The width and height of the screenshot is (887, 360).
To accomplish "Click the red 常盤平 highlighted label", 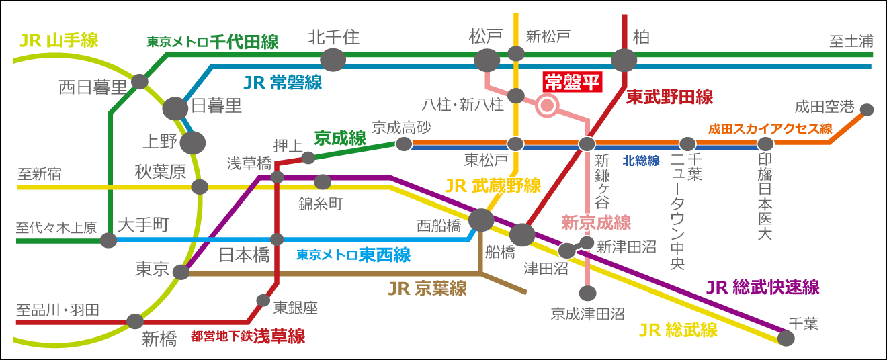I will pos(572,82).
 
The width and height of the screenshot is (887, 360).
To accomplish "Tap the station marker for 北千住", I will pos(333,60).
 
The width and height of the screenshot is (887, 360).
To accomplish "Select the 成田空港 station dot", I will pos(867,109).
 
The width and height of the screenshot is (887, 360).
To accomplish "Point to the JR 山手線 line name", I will pos(59,40).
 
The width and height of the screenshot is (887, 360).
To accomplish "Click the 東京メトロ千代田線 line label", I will pos(212,42).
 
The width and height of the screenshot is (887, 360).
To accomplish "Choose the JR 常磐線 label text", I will pos(282,83).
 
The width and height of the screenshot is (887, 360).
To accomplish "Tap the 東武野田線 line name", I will pos(669,97).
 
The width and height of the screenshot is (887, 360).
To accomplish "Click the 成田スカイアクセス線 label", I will pos(770,128).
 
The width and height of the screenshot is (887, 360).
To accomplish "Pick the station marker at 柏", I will pos(624,60).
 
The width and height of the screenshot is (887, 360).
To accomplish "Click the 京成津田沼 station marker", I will pos(587,293).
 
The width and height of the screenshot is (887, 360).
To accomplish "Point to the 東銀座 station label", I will pos(296,308).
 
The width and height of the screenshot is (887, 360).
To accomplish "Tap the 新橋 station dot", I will pos(135,322).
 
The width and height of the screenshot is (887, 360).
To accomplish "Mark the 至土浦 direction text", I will pos(851,42).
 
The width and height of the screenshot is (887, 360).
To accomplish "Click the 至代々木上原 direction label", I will pos(56,227).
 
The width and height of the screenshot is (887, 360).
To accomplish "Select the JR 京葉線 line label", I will pos(427,289).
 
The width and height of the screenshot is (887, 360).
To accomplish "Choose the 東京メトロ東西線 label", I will pos(353,255).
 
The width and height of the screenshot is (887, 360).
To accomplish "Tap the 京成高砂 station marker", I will pos(404,144).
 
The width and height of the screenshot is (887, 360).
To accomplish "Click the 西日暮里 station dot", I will pos(140,81).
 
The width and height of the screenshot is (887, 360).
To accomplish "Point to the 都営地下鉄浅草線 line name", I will pos(248,336).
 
